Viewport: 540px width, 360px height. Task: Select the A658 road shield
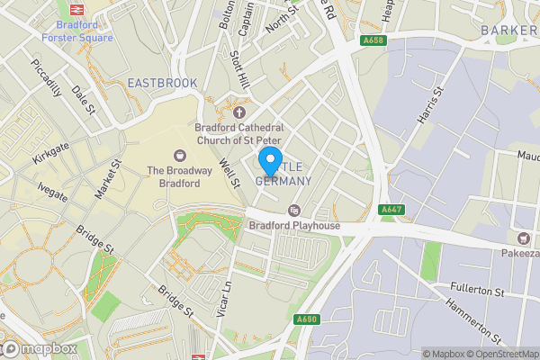tap(373, 40)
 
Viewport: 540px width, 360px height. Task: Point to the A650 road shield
tap(306, 319)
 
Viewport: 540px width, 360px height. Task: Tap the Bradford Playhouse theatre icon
tap(293, 211)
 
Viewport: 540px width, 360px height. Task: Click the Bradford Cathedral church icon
tap(239, 112)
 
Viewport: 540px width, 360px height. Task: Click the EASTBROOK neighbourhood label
tap(162, 83)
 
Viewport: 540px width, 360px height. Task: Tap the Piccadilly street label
tap(46, 79)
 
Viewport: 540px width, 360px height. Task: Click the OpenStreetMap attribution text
tap(505, 354)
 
